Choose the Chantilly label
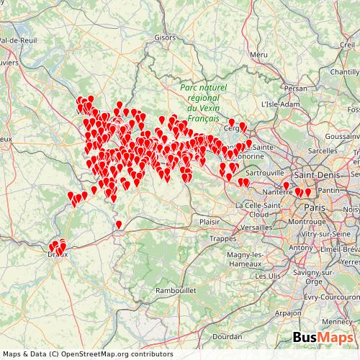344,72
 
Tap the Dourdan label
228,336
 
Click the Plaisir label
210,222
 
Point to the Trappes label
222,238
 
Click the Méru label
258,54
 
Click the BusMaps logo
323,338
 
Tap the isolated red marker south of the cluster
119,225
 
